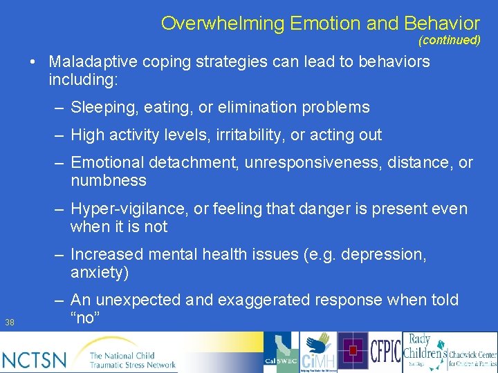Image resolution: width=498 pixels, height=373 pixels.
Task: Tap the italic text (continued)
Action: (x=449, y=40)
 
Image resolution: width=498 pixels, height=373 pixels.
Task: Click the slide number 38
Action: (x=10, y=322)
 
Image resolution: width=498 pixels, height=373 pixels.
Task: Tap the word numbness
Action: (x=109, y=181)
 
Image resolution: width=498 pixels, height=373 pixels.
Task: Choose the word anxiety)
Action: (x=100, y=273)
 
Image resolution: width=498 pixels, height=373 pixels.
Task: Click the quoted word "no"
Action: (x=86, y=318)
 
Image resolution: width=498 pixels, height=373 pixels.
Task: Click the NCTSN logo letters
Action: (x=35, y=359)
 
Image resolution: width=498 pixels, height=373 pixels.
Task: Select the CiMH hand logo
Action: (x=319, y=352)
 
